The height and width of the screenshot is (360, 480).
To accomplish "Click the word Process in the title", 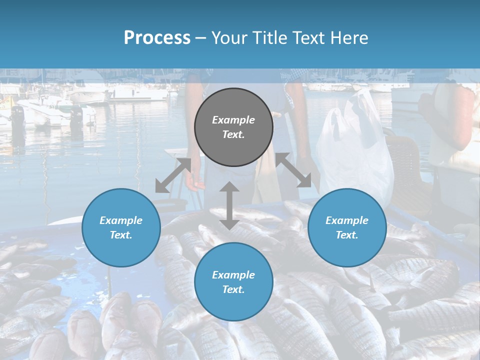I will coord(157,38).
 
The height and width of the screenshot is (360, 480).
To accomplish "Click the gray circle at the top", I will coord(233,127).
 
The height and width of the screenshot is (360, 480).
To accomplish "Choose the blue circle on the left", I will coord(121,227).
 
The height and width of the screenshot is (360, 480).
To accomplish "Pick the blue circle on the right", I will coord(347,227).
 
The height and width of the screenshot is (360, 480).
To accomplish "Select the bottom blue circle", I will coord(233,282).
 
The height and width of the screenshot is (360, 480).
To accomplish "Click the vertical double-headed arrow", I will coord(229,206).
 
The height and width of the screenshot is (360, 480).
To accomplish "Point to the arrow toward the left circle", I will coord(173,175).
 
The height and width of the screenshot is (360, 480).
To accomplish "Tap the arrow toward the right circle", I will coord(294,170).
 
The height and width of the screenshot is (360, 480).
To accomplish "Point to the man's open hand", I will coord(194,184).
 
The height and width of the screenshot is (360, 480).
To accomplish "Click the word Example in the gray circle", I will coord(233,120).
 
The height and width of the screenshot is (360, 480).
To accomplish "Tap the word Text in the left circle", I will coord(121,235).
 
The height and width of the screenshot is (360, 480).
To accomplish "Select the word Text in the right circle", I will coord(347,235).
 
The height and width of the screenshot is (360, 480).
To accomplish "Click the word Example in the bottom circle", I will coord(233,274).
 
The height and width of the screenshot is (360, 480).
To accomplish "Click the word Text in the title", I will coord(305,38).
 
